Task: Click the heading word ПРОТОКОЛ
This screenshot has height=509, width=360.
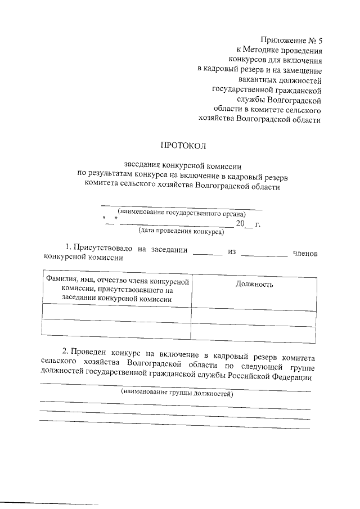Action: pos(183,146)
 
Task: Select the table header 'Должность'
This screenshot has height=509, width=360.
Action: pos(255,284)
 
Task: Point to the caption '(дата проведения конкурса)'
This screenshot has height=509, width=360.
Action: pos(181,231)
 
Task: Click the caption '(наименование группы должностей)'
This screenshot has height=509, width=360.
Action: pos(177,394)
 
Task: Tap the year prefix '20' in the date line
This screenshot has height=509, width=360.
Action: pos(240,224)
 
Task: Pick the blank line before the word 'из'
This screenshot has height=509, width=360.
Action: pos(207,254)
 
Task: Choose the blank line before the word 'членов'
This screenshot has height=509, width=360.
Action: pos(263,254)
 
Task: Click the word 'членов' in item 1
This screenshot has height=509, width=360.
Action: pos(305,254)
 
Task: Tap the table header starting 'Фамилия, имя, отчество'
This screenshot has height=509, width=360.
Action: pos(116,290)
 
